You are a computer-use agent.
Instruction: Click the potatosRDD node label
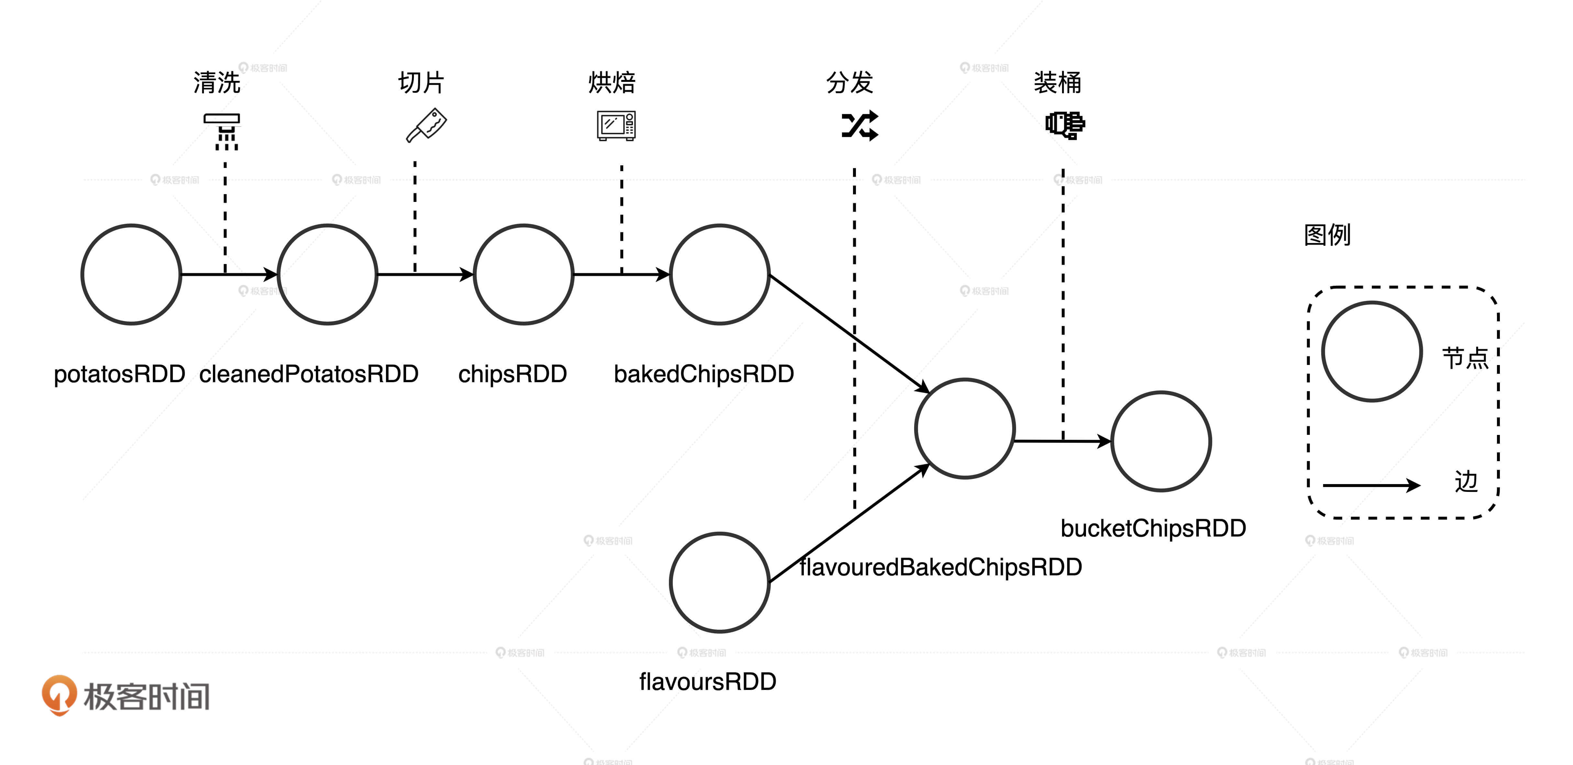[x=119, y=374]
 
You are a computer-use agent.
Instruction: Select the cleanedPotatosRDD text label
[x=308, y=374]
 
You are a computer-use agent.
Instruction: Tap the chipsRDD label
[x=512, y=374]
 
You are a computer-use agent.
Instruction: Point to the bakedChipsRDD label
[x=703, y=374]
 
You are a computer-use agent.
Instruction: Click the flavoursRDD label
[x=707, y=682]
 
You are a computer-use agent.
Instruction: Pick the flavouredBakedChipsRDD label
[x=940, y=567]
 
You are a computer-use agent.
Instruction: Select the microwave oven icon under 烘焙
[x=616, y=126]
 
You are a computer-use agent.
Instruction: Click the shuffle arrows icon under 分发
[x=860, y=126]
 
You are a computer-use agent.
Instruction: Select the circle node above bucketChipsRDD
[x=1161, y=441]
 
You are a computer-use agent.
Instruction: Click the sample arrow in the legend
[x=1371, y=485]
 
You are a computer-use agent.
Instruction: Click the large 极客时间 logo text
[x=147, y=696]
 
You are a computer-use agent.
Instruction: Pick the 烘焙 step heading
[x=612, y=83]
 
